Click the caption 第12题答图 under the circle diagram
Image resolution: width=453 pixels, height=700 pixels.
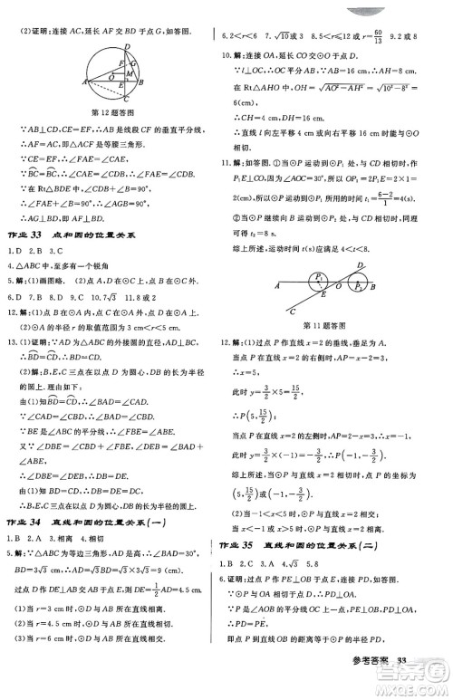tap(114, 113)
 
